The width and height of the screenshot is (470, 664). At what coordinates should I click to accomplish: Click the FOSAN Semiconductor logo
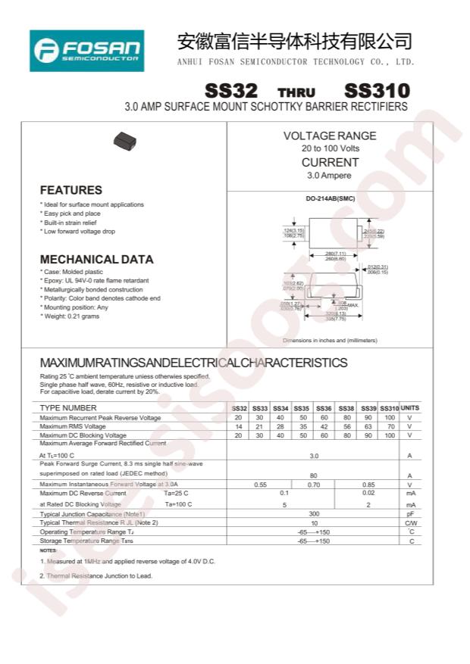86,51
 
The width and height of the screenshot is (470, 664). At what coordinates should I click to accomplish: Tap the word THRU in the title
296,92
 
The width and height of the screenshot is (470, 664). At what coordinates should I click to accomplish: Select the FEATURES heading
70,190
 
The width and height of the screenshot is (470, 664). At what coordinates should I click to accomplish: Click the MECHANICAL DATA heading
96,259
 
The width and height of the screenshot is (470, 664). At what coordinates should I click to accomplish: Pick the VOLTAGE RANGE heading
330,136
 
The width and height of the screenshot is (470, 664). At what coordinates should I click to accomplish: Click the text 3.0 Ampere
329,176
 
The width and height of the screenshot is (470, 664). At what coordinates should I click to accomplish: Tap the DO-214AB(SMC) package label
330,200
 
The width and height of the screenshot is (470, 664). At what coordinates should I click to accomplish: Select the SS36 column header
324,408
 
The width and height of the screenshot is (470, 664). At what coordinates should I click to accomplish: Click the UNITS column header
409,408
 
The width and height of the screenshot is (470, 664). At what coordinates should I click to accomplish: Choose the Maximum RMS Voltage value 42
324,426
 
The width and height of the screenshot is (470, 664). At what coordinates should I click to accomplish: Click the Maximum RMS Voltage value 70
390,426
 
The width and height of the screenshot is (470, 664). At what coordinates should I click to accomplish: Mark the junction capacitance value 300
313,514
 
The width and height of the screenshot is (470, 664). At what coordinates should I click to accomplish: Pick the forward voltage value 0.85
368,485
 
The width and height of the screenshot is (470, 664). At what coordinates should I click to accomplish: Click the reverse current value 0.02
368,494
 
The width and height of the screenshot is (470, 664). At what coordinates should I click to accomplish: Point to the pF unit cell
409,514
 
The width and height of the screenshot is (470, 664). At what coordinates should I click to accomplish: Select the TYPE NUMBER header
68,408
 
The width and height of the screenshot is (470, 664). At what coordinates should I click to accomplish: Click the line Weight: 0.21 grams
70,316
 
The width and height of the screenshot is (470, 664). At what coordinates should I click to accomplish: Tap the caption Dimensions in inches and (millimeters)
329,341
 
